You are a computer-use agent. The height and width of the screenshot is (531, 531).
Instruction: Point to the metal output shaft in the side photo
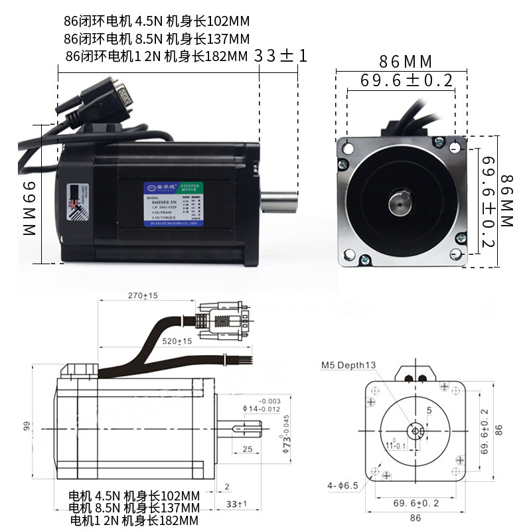[x=278, y=199]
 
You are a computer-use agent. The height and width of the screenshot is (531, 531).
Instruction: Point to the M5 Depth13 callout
[x=348, y=365]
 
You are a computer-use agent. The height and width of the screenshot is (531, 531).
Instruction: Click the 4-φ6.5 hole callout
[x=342, y=486]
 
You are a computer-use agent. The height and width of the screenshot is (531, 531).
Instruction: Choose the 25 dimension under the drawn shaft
[x=246, y=451]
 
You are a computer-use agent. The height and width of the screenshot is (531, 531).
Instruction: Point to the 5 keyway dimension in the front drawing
[x=429, y=411]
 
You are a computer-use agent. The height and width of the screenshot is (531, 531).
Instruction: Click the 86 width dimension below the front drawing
[x=416, y=518]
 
